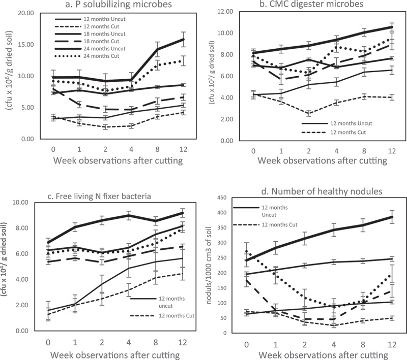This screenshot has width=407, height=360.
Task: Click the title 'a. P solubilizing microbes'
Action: (119, 5)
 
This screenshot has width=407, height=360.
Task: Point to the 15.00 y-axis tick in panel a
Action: (26, 45)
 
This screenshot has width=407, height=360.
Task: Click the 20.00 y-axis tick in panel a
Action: (26, 13)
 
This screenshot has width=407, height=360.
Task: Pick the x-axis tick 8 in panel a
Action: (157, 149)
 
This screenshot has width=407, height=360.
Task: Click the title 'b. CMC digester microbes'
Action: (311, 4)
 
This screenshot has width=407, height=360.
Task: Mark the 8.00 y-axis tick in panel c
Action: (21, 228)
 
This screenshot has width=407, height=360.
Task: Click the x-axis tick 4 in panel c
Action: (129, 343)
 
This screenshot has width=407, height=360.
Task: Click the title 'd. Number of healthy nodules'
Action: (322, 191)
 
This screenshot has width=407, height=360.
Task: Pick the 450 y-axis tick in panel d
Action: (222, 198)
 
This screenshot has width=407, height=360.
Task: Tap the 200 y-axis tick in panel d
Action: (222, 273)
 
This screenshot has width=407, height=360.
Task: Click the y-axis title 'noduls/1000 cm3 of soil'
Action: (209, 265)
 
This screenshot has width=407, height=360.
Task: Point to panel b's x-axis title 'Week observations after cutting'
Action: (323, 160)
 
